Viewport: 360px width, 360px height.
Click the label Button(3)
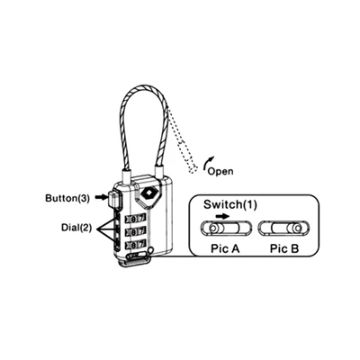click(x=67, y=198)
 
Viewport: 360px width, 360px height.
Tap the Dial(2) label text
click(x=76, y=228)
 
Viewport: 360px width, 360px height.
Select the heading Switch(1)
click(x=230, y=204)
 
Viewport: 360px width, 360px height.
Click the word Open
click(x=220, y=171)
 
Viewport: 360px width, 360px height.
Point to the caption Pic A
click(x=225, y=248)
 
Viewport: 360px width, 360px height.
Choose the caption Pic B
click(x=284, y=248)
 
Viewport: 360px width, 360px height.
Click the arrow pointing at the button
click(x=102, y=197)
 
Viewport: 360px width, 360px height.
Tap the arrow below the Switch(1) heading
click(x=222, y=216)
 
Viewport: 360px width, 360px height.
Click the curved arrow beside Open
click(x=209, y=163)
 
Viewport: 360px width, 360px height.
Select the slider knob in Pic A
click(x=212, y=229)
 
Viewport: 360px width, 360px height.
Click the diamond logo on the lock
click(x=148, y=193)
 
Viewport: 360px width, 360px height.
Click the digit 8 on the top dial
click(x=134, y=218)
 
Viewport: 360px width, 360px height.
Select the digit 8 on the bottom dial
click(x=134, y=246)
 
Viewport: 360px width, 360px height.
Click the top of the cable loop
click(x=145, y=87)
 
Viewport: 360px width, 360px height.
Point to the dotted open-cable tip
click(x=193, y=169)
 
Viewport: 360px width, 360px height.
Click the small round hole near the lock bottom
click(x=151, y=249)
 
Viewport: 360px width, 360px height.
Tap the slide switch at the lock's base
click(x=137, y=256)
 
